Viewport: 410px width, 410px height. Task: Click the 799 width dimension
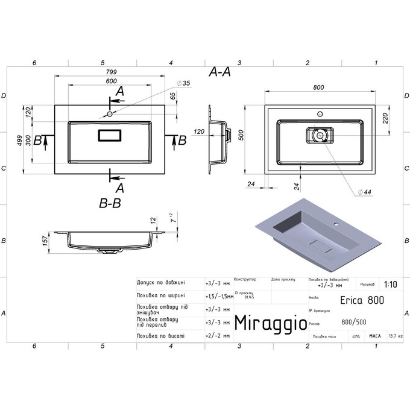pyautogui.click(x=110, y=71)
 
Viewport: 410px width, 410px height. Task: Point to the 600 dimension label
pyautogui.click(x=111, y=82)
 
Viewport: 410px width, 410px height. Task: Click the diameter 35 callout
pyautogui.click(x=183, y=83)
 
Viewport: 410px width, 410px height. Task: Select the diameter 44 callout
pyautogui.click(x=364, y=191)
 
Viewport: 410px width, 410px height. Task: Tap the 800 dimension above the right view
pyautogui.click(x=320, y=87)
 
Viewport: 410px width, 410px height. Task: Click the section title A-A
pyautogui.click(x=219, y=72)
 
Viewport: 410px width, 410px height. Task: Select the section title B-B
pyautogui.click(x=110, y=203)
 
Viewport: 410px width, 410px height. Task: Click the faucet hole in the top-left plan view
pyautogui.click(x=110, y=113)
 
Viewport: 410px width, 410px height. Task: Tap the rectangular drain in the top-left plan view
pyautogui.click(x=110, y=135)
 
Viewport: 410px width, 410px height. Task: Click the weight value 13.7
pyautogui.click(x=394, y=336)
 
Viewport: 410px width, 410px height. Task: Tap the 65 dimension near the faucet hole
pyautogui.click(x=172, y=96)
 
